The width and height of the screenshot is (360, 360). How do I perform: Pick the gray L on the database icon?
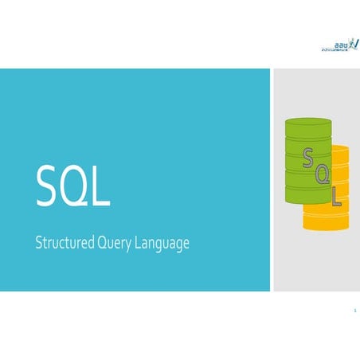click(x=337, y=194)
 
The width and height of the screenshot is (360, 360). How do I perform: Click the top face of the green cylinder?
click(x=307, y=123)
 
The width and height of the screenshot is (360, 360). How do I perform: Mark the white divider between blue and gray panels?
click(x=272, y=179)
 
